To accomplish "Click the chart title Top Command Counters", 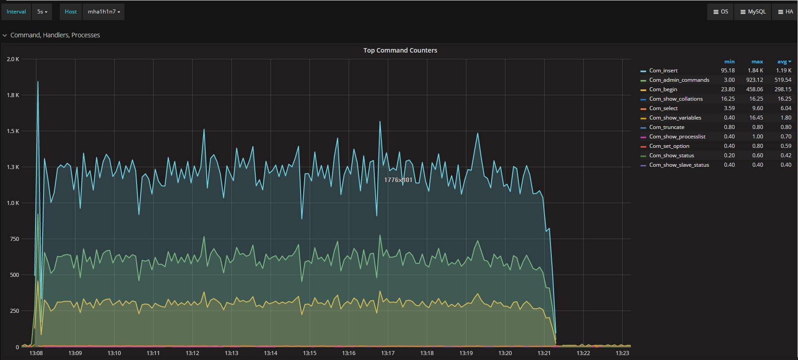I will click(x=400, y=50).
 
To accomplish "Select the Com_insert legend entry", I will click(x=663, y=71).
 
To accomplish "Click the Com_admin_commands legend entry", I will click(x=679, y=80).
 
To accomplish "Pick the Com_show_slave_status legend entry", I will click(x=679, y=165).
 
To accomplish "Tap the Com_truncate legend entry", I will click(x=666, y=127).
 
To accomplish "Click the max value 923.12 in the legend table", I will click(x=754, y=80).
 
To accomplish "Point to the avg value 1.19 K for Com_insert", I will click(x=784, y=71).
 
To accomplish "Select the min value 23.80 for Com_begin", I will click(x=728, y=89).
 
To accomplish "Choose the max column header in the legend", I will click(x=757, y=62).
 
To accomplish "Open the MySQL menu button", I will click(x=753, y=12).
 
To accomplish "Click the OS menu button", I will click(x=721, y=12).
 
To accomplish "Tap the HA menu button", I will click(x=785, y=12).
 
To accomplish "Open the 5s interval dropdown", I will click(x=42, y=12).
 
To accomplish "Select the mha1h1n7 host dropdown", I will click(x=104, y=12).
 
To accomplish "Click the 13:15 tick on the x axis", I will click(x=310, y=353).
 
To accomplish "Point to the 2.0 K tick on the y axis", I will click(x=13, y=59).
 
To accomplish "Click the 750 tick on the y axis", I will click(x=14, y=239).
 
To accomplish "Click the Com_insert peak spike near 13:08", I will click(x=38, y=82).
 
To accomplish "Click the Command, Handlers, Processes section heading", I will click(x=55, y=35).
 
